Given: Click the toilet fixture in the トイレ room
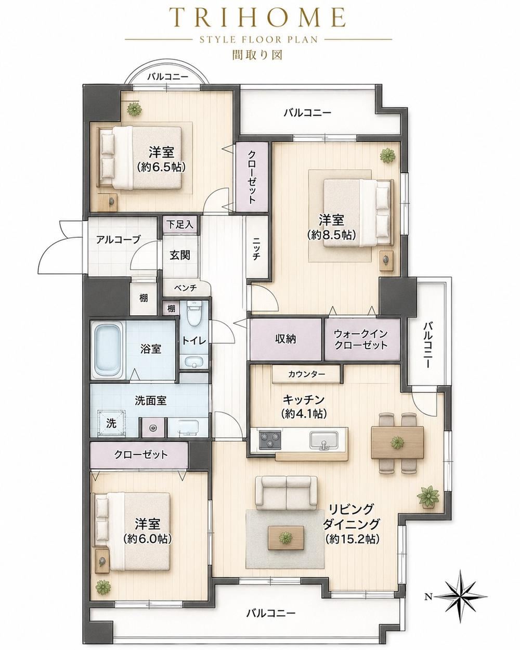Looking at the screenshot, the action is pos(194,312).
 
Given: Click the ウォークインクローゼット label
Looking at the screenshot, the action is pos(361,339).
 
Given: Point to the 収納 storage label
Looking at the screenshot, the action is pos(285,339).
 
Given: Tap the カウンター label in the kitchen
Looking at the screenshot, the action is pos(307,374).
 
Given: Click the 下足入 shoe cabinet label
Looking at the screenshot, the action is pos(179,225).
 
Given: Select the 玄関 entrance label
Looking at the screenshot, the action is pos(180,256).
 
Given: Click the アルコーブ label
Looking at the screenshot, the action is pos(119,239).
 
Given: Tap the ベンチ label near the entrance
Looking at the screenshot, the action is pos(185,288).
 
